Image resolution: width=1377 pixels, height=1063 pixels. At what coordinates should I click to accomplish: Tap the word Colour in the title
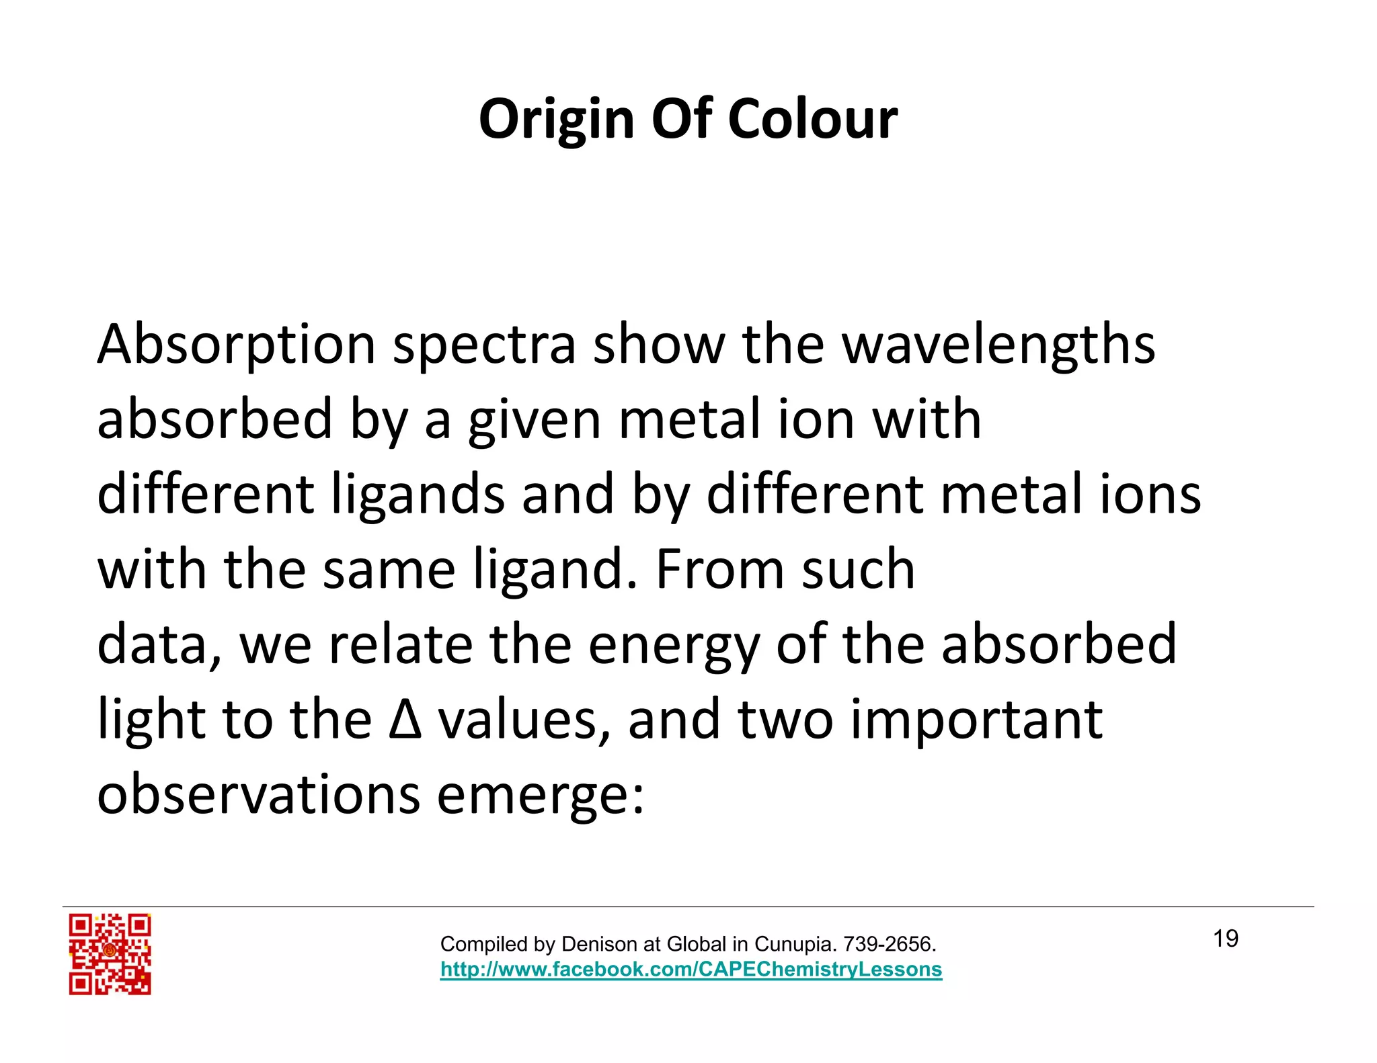pyautogui.click(x=812, y=120)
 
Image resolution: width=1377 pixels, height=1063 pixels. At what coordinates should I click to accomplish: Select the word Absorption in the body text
pyautogui.click(x=236, y=344)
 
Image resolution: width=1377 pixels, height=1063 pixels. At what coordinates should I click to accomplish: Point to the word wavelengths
pyautogui.click(x=998, y=344)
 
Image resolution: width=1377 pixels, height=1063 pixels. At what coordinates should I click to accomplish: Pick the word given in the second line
pyautogui.click(x=534, y=420)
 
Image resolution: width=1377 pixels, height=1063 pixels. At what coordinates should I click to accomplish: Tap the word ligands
pyautogui.click(x=418, y=495)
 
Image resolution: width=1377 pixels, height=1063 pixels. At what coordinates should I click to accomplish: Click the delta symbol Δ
pyautogui.click(x=405, y=719)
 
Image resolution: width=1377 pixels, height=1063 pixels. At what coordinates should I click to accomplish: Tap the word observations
pyautogui.click(x=259, y=794)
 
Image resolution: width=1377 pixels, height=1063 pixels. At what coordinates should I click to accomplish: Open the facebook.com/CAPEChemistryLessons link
pyautogui.click(x=691, y=970)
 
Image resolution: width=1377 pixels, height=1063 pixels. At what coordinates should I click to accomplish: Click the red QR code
pyautogui.click(x=110, y=954)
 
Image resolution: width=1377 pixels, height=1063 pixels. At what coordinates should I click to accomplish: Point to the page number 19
pyautogui.click(x=1225, y=939)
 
